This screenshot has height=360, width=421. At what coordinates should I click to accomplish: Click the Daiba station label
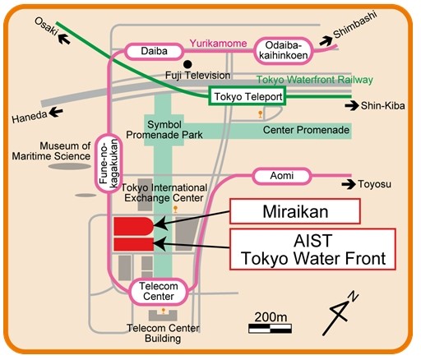point(154,51)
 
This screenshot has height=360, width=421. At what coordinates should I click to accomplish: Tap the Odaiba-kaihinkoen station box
point(284,51)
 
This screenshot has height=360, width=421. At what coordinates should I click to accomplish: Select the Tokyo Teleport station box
point(248,96)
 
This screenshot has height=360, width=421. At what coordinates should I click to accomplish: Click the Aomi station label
point(282,176)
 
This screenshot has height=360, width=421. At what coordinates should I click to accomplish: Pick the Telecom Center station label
point(159,292)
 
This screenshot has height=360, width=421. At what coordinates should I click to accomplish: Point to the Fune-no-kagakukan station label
point(109,164)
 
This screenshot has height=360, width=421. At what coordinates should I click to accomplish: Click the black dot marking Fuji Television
point(187,64)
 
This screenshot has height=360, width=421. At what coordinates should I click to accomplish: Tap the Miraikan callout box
point(295,211)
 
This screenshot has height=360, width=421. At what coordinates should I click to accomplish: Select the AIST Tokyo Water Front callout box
point(312,249)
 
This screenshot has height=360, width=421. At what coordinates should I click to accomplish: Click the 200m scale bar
point(270,329)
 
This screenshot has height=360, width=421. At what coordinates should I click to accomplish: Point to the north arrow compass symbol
point(340,314)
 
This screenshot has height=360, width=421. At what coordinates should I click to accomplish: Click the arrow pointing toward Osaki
point(64,39)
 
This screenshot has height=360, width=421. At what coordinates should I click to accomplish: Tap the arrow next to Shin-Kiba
point(352,106)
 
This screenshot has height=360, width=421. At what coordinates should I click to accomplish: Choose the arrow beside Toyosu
point(349,184)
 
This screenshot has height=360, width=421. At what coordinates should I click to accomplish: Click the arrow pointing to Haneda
point(56,112)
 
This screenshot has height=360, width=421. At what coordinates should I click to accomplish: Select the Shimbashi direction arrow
point(326,41)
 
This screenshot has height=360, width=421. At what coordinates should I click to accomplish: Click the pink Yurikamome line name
point(218,44)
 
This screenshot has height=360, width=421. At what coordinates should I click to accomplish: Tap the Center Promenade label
point(306,130)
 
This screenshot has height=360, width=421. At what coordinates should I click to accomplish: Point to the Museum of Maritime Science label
point(51,151)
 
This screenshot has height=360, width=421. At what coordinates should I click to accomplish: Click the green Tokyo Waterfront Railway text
point(315,80)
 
